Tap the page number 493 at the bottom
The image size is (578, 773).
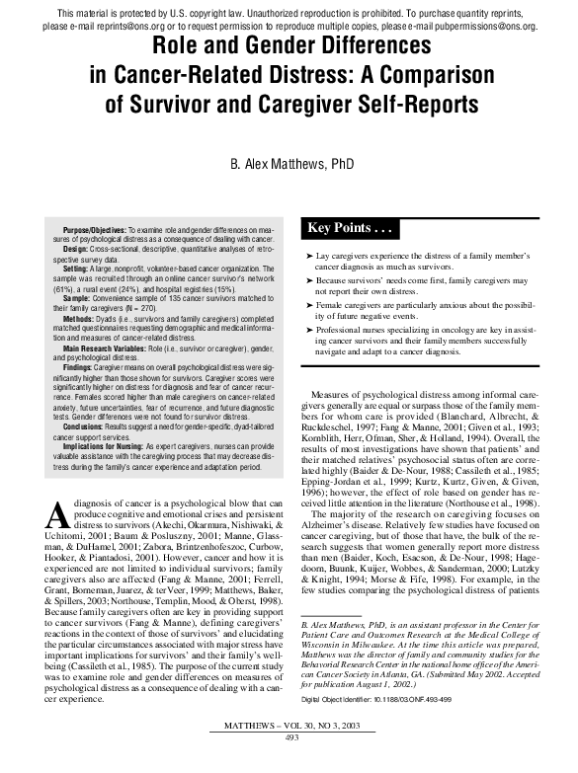(291, 764)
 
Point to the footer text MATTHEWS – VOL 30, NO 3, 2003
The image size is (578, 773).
(291, 753)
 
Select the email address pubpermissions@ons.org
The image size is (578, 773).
(486, 26)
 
